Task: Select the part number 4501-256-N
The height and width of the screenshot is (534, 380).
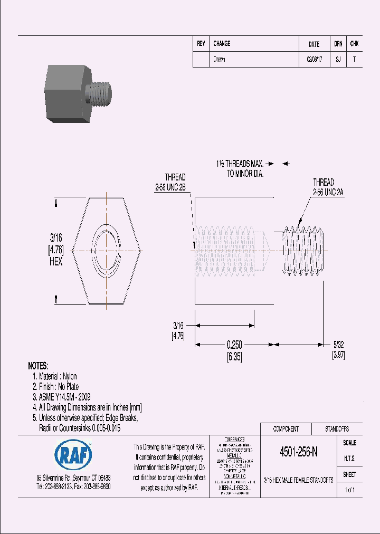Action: (298, 452)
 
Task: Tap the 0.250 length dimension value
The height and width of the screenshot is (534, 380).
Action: (234, 345)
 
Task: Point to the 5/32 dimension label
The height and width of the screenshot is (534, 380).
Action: (338, 345)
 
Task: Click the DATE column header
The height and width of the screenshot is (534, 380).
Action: (313, 44)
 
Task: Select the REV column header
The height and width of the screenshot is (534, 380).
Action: (201, 44)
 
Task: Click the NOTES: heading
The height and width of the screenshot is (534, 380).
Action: (38, 366)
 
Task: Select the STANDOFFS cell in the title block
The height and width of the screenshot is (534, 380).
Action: (336, 429)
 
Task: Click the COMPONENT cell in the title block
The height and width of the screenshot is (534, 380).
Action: (286, 429)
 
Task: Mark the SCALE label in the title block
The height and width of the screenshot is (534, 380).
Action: (349, 443)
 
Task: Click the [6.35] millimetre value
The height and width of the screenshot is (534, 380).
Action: (234, 356)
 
